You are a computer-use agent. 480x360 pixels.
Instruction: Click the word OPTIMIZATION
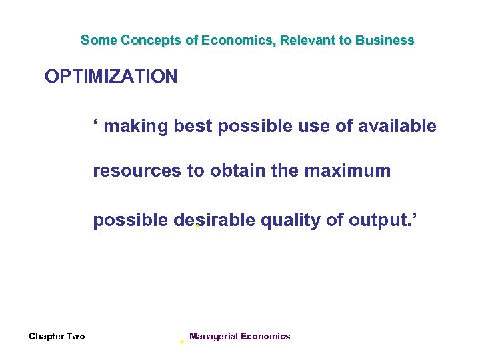click(x=111, y=77)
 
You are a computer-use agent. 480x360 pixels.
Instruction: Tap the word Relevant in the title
click(x=308, y=40)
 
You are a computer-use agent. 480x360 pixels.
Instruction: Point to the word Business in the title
click(x=385, y=40)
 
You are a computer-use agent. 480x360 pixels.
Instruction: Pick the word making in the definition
click(x=137, y=126)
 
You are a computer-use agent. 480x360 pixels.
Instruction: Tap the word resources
click(x=137, y=171)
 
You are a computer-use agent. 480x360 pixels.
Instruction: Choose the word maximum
click(x=347, y=171)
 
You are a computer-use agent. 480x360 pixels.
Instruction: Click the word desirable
click(x=214, y=221)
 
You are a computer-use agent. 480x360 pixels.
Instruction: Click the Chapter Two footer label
click(x=57, y=336)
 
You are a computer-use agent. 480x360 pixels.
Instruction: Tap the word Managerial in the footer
click(x=213, y=336)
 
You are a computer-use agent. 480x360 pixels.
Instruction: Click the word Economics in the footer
click(x=265, y=336)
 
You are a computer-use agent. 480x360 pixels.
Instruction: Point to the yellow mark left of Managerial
click(x=181, y=341)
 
